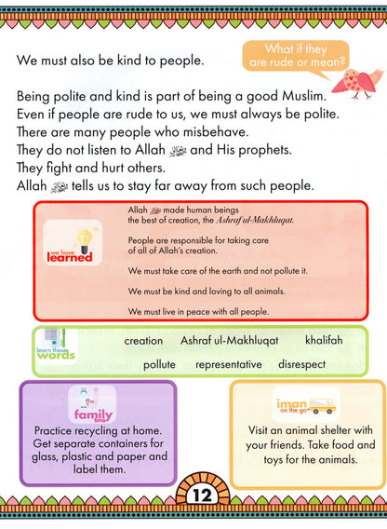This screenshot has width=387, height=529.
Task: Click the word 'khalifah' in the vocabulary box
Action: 323,341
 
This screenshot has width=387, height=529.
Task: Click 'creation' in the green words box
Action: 143,341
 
